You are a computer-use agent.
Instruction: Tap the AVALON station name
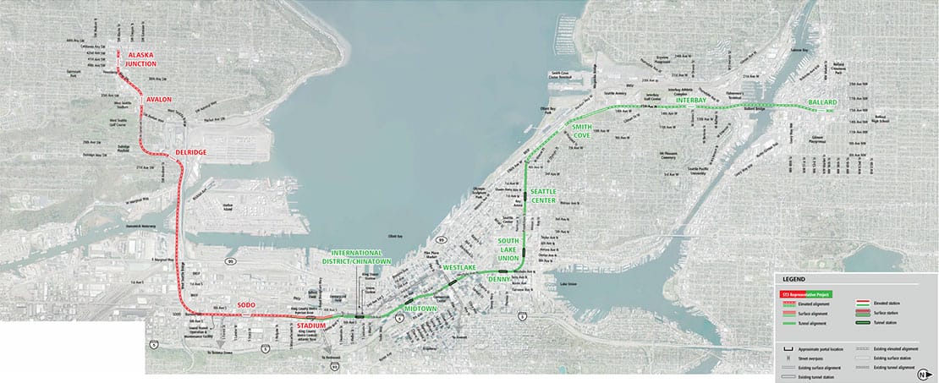(159, 99)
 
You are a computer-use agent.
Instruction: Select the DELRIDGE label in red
(191, 152)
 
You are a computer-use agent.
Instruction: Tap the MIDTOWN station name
(420, 309)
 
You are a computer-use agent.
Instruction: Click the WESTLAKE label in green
(460, 268)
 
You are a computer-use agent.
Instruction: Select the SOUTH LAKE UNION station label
(513, 248)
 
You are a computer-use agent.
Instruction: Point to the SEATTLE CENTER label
(542, 195)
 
